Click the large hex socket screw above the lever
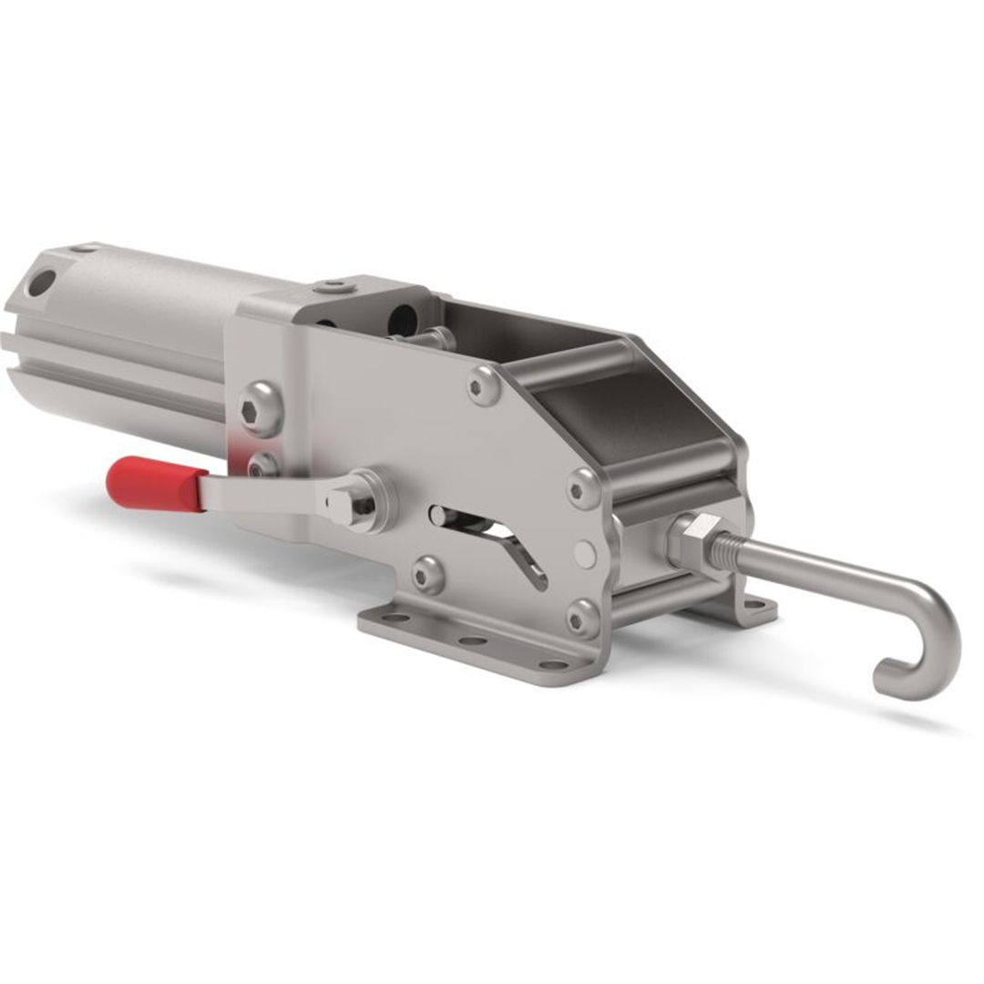(x=260, y=409)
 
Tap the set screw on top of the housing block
(x=334, y=288)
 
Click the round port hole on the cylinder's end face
(x=41, y=282)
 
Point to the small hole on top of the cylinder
(x=84, y=248)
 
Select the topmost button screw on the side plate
(x=484, y=385)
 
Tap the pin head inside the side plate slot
(x=442, y=517)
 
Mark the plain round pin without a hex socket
(x=586, y=554)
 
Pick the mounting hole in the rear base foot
(x=753, y=605)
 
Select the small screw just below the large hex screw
(x=261, y=465)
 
